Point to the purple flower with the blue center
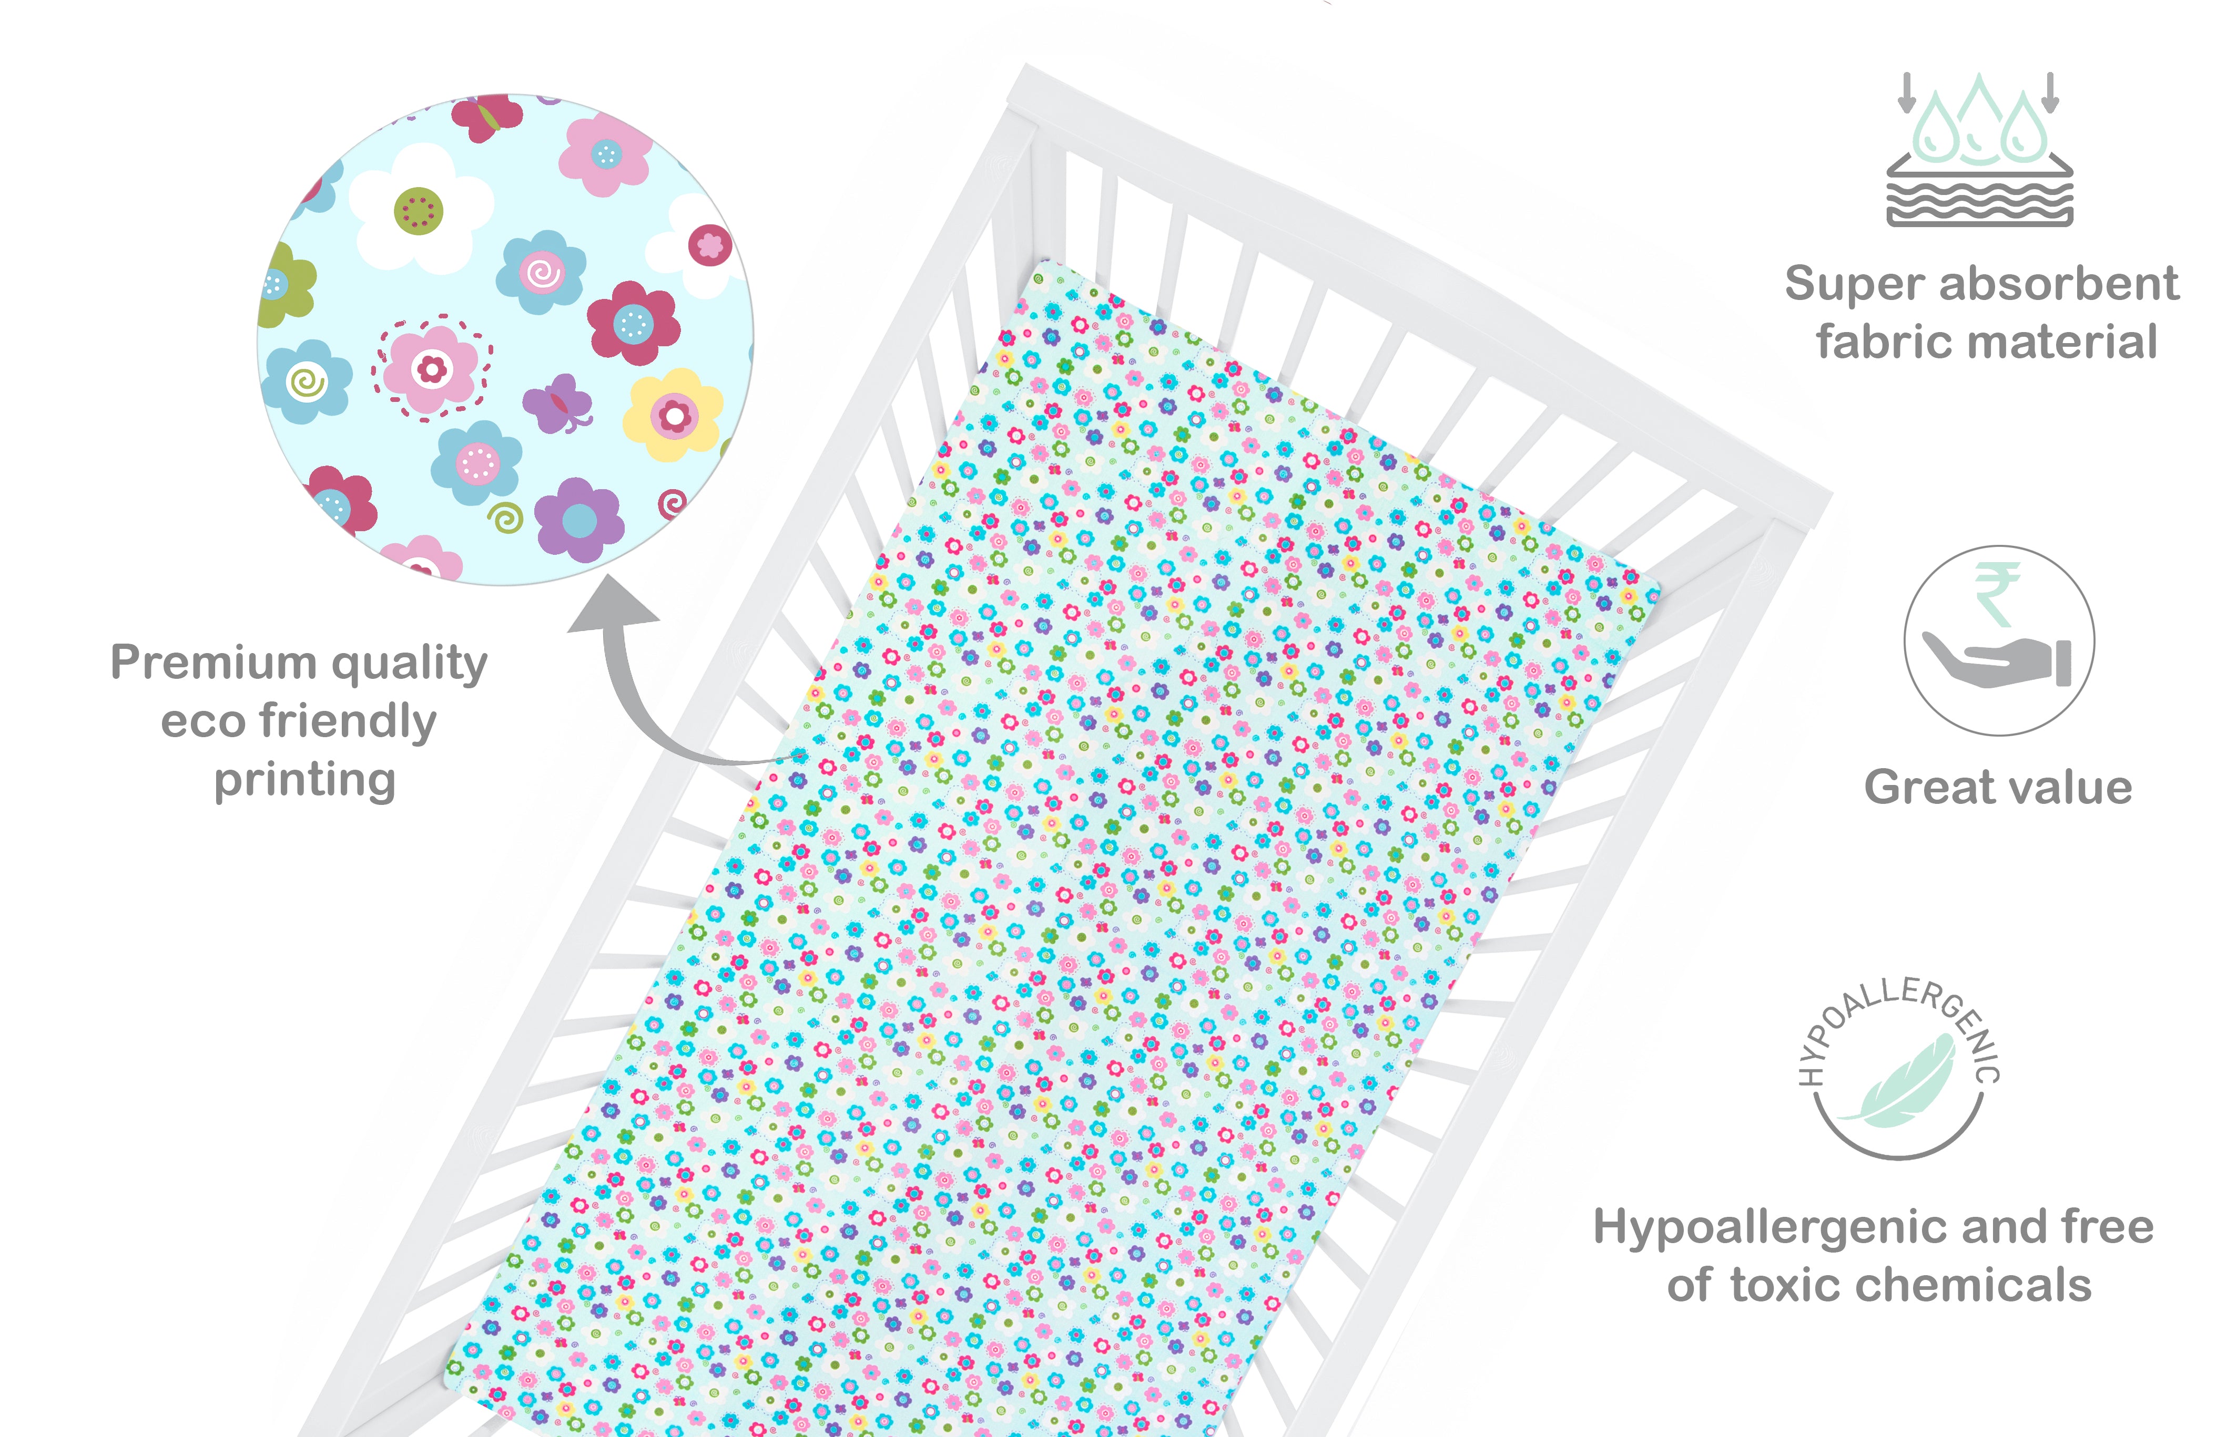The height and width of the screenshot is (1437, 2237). (x=579, y=520)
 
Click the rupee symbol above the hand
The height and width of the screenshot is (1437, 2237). (x=1996, y=594)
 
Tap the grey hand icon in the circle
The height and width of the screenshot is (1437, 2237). (x=1997, y=660)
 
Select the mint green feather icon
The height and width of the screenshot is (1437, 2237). (x=1898, y=1082)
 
